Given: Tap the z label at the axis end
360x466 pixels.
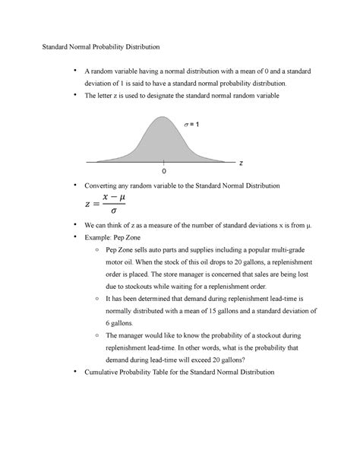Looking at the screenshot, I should pyautogui.click(x=240, y=163).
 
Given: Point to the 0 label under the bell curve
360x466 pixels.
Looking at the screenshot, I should pyautogui.click(x=163, y=174).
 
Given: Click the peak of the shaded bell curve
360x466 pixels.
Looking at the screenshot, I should pyautogui.click(x=163, y=117).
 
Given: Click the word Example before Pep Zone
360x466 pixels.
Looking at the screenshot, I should pyautogui.click(x=99, y=238).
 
